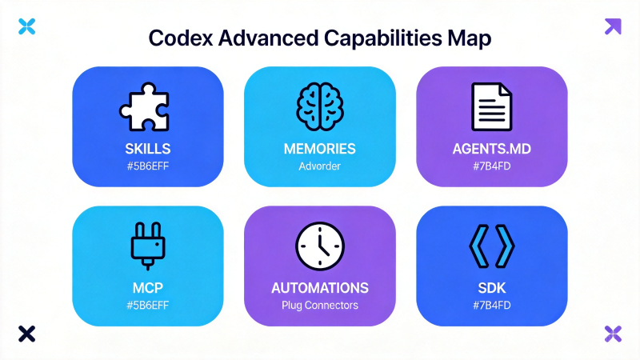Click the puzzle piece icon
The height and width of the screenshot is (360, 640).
145,107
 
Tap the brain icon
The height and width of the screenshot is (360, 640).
319,106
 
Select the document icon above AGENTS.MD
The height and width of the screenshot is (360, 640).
491,106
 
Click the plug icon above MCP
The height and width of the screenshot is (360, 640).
148,246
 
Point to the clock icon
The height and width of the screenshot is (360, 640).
319,246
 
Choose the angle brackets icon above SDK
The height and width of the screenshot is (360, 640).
491,246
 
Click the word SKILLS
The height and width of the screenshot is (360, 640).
148,149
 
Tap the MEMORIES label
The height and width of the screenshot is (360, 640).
319,149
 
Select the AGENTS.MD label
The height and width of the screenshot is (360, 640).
491,149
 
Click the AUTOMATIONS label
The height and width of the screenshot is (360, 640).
319,288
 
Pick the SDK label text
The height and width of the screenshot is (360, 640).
491,288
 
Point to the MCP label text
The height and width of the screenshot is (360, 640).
148,288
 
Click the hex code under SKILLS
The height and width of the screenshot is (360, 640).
148,166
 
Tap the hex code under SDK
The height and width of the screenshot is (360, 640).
491,306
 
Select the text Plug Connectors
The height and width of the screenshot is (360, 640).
319,306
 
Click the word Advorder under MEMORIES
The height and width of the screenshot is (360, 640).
319,166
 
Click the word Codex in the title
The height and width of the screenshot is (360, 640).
181,38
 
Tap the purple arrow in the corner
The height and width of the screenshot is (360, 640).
613,26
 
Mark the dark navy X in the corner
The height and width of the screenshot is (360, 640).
27,334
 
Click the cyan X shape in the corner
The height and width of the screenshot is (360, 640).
27,26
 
